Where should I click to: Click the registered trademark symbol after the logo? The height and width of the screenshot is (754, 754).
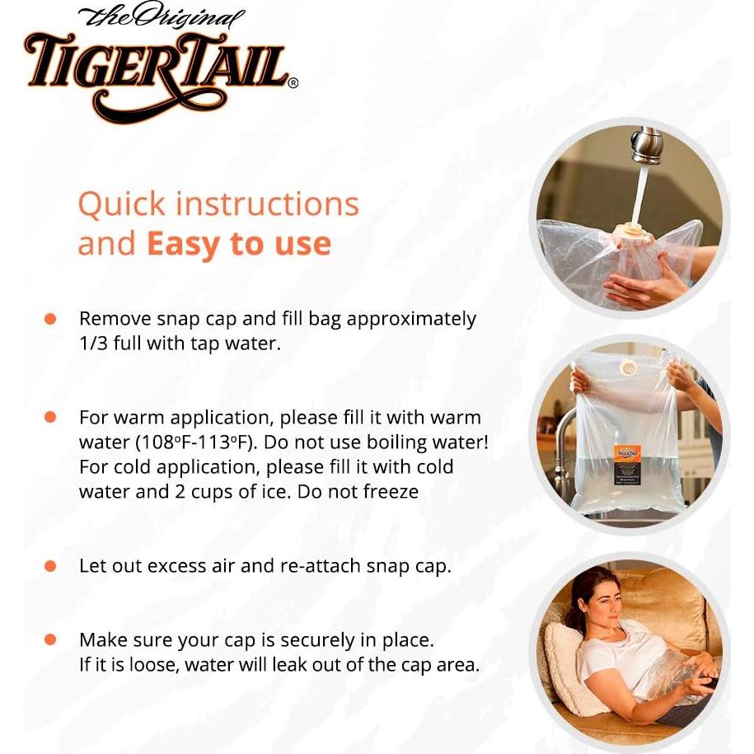click(x=293, y=82)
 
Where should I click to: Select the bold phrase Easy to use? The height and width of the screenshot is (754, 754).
click(x=239, y=244)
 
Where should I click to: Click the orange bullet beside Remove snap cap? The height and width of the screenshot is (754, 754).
click(x=50, y=319)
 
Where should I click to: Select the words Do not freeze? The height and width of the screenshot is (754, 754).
click(x=364, y=491)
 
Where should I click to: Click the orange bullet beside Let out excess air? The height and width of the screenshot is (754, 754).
click(x=50, y=566)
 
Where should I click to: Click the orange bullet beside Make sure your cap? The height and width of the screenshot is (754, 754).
click(x=50, y=639)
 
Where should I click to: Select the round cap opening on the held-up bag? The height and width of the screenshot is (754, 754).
click(x=627, y=366)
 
